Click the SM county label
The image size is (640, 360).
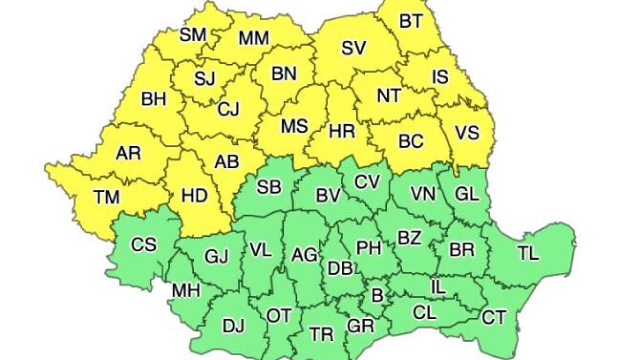pyautogui.click(x=193, y=36)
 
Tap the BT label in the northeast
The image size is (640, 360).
pyautogui.click(x=411, y=21)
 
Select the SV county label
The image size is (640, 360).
pyautogui.click(x=354, y=49)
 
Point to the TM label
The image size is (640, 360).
pyautogui.click(x=107, y=197)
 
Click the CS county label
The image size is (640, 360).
pyautogui.click(x=143, y=245)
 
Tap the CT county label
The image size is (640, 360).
pyautogui.click(x=493, y=318)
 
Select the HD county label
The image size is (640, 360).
pyautogui.click(x=194, y=196)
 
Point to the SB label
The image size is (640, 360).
pyautogui.click(x=269, y=187)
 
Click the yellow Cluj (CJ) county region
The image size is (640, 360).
pyautogui.click(x=228, y=109)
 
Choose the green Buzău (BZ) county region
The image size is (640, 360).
pyautogui.click(x=410, y=238)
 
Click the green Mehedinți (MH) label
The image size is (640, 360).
pyautogui.click(x=186, y=291)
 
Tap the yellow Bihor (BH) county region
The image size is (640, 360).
pyautogui.click(x=154, y=99)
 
